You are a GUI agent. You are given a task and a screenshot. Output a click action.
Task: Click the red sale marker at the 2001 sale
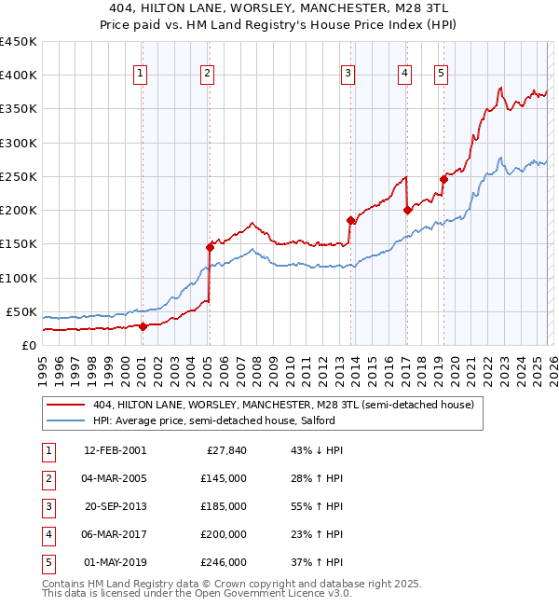[x=143, y=326]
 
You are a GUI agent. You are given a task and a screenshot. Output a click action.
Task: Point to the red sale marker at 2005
[x=210, y=247]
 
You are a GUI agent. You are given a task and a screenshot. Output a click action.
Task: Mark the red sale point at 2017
[x=407, y=210]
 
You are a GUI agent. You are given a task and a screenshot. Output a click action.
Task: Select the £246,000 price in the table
[x=224, y=562]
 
